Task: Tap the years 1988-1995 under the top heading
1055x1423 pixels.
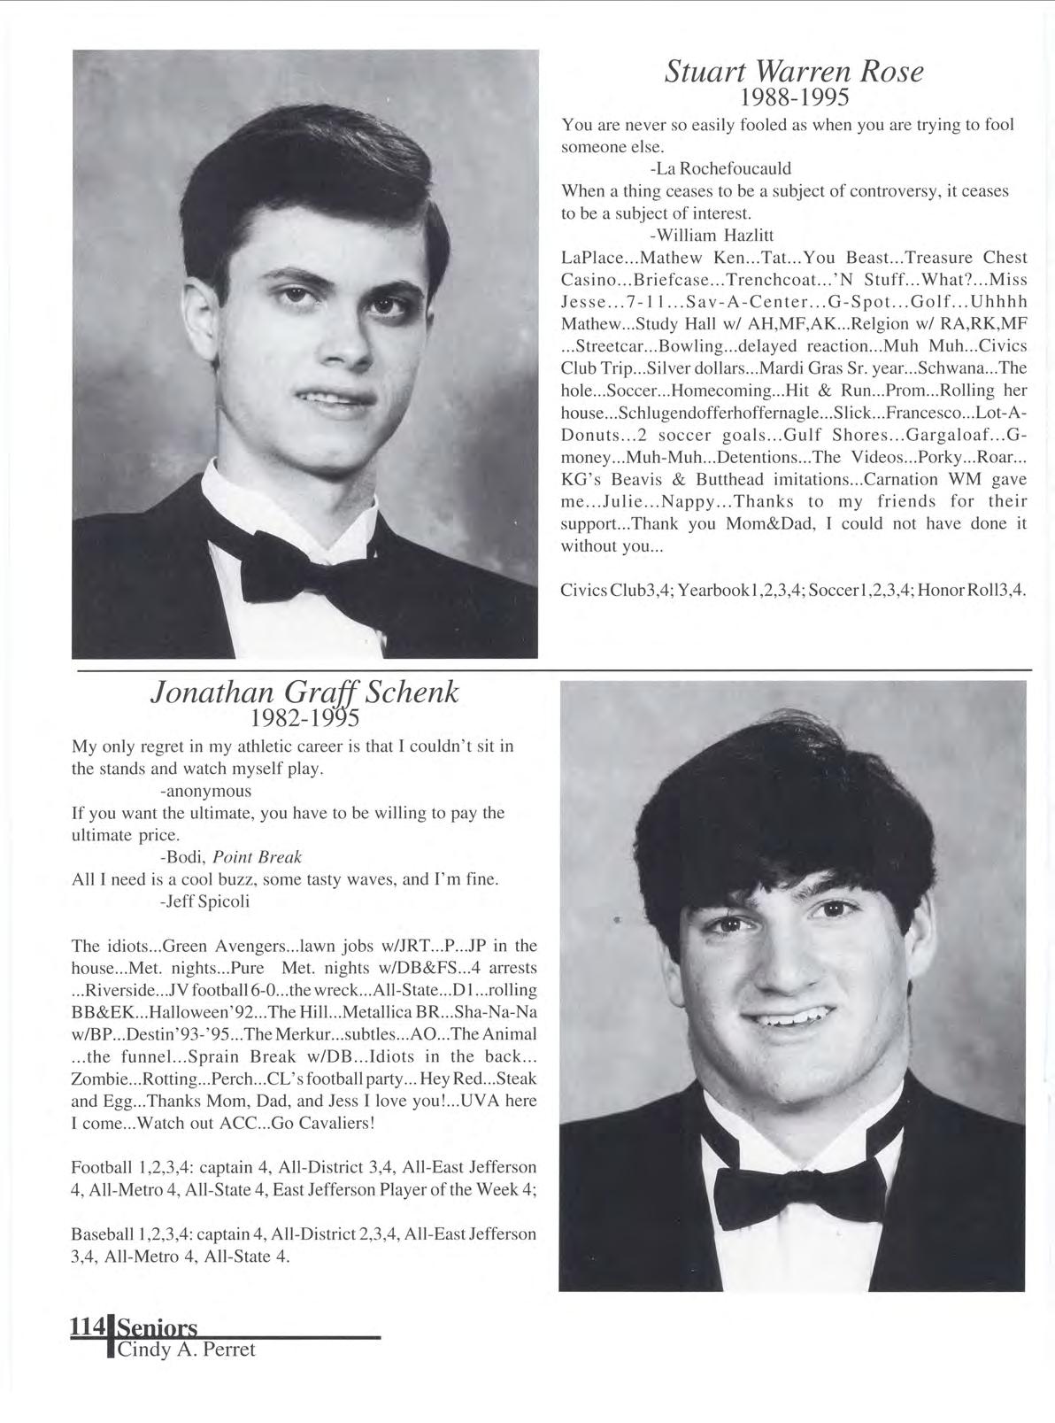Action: (793, 96)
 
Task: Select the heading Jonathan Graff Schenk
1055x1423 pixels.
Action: (305, 692)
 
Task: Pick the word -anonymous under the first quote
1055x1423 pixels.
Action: (206, 791)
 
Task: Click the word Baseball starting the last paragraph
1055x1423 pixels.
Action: (100, 1234)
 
